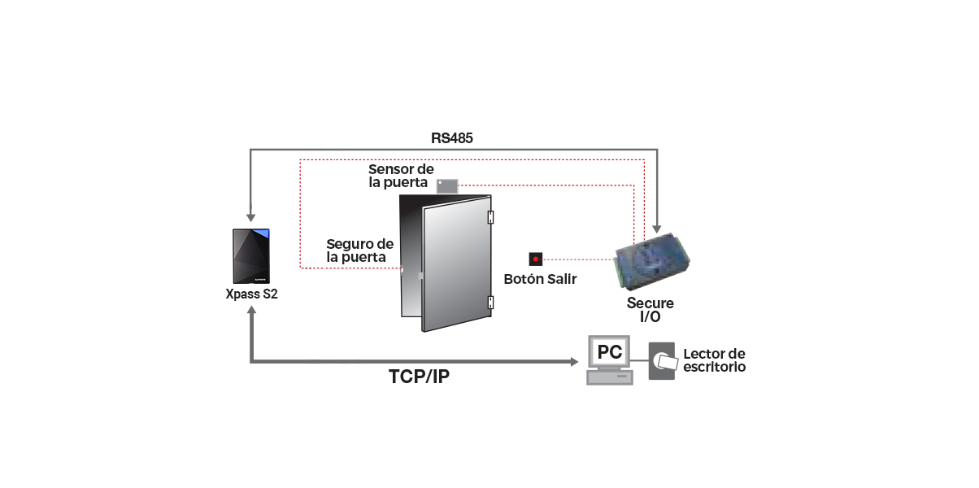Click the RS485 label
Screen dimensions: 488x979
coord(452,138)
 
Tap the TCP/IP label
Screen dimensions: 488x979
coord(419,377)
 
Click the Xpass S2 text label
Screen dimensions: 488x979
coord(251,294)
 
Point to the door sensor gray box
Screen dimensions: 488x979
coord(447,185)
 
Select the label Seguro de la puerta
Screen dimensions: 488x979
coord(359,251)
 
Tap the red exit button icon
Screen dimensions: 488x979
coord(535,259)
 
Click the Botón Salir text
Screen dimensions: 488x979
coord(540,279)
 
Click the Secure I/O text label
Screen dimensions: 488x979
coord(650,310)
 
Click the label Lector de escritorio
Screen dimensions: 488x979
coord(714,360)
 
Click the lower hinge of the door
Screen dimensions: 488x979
coord(490,303)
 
